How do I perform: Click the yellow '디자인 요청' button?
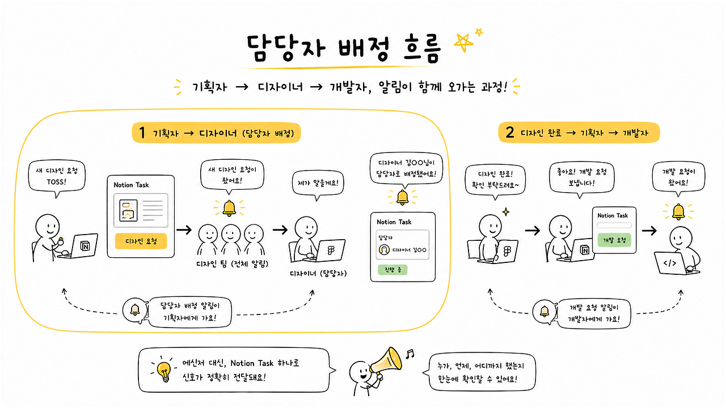(x=141, y=241)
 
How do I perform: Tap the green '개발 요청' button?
(x=614, y=240)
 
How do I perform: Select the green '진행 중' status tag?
(x=392, y=269)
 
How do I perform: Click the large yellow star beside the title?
(x=463, y=42)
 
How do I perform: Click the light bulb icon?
(x=164, y=370)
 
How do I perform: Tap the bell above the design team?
(x=229, y=208)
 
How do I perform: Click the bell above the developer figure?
(x=678, y=211)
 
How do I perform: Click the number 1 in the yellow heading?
(x=142, y=133)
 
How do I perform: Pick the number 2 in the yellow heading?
(x=510, y=132)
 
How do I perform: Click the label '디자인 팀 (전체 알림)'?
(x=233, y=264)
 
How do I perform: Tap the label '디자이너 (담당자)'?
(x=318, y=274)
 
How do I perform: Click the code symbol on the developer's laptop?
(x=670, y=263)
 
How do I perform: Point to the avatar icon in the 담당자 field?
(x=384, y=250)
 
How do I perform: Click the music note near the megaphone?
(x=410, y=354)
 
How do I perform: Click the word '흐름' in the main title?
(x=423, y=49)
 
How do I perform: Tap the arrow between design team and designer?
(x=280, y=230)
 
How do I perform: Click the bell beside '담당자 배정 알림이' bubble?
(x=135, y=309)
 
